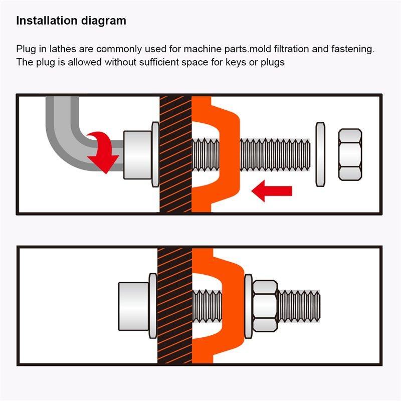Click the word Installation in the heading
coord(47,21)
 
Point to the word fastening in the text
coord(353,49)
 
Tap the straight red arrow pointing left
coord(272,191)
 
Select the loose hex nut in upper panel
coord(350,154)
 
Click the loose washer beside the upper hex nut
coord(320,154)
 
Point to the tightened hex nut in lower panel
coord(265,306)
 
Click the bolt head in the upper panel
coord(137,155)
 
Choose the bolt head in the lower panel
coord(133,306)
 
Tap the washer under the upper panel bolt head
coord(155,154)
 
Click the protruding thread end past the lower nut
coord(299,306)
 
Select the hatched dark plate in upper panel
coord(175,154)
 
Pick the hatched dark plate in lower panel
coord(174,306)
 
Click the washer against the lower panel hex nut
coord(248,306)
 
